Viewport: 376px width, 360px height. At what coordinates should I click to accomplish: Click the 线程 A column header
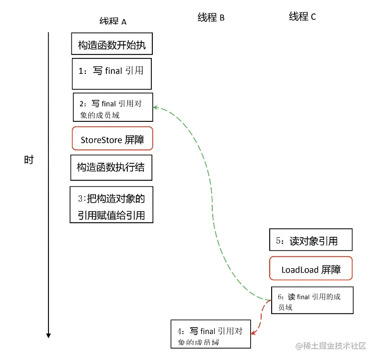113,21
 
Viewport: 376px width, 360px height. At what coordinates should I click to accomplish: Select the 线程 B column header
211,17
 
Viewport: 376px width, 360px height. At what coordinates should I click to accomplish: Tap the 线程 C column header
302,16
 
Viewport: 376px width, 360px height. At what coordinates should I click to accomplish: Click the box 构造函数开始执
111,44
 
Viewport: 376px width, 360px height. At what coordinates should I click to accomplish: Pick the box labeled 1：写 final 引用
111,71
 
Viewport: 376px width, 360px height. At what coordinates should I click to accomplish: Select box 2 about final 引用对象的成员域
113,107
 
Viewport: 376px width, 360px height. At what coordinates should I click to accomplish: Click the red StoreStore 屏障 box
112,139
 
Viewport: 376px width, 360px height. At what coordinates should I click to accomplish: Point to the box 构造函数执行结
111,167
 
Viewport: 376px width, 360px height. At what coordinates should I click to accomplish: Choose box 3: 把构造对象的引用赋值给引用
111,205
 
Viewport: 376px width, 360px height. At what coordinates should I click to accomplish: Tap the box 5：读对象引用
311,240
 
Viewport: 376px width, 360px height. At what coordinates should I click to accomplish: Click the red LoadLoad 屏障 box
311,269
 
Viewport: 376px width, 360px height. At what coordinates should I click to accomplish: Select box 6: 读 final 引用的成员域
312,300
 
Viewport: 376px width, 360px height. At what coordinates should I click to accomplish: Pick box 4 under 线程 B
210,334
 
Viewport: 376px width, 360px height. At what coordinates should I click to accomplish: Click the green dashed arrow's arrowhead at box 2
155,107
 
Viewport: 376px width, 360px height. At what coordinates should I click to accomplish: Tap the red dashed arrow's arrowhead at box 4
253,332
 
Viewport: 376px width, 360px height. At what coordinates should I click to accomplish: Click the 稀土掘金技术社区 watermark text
336,346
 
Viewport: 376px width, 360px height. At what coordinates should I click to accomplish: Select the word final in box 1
114,71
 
